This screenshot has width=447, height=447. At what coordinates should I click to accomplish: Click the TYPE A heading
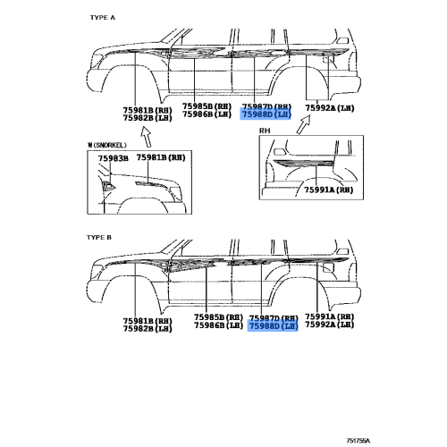click(103, 18)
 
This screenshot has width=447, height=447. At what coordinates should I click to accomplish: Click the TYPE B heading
click(99, 238)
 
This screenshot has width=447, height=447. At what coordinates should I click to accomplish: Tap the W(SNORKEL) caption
click(106, 145)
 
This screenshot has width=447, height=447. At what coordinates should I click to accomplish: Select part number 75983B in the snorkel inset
click(114, 158)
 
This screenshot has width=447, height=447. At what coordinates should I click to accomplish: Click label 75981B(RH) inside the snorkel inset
click(161, 157)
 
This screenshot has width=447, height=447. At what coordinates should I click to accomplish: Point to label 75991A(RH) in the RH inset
click(329, 190)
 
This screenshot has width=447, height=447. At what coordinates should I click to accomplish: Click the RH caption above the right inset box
click(265, 131)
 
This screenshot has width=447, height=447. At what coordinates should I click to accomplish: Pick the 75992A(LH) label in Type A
click(330, 108)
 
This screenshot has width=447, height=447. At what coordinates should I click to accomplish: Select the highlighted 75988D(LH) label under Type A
click(266, 114)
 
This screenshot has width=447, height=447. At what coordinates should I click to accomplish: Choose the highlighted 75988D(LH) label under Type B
click(274, 326)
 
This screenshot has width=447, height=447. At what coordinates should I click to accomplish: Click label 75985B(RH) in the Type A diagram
click(207, 106)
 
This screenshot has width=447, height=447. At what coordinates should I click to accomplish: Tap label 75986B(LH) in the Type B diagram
click(219, 325)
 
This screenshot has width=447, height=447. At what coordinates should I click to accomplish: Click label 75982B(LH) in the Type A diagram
click(148, 118)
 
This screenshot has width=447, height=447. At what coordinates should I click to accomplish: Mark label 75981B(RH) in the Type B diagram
click(148, 321)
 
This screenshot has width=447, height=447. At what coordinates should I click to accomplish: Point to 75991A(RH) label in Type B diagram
click(330, 316)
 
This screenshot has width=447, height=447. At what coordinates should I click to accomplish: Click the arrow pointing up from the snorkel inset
click(147, 137)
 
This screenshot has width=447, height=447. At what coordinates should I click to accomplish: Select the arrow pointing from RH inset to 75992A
click(304, 124)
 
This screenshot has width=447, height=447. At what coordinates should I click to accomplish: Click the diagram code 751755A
click(358, 441)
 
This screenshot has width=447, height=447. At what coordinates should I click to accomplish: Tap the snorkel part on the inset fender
click(108, 186)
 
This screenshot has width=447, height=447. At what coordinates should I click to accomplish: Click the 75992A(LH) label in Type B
click(330, 325)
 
